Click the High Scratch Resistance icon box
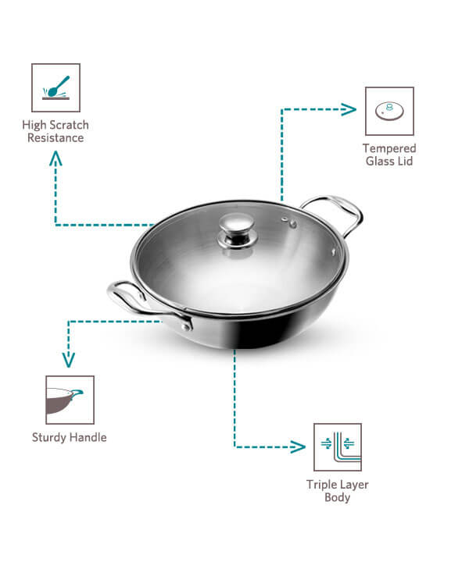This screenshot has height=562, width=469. [55, 87]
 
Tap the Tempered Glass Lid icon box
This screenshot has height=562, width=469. [389, 111]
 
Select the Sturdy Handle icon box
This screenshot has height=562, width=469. [70, 400]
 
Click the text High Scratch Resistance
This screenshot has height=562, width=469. [55, 131]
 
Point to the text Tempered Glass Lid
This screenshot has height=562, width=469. [389, 155]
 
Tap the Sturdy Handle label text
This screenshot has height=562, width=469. [69, 437]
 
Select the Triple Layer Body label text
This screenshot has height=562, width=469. [338, 491]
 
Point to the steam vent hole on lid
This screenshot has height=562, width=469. [292, 223]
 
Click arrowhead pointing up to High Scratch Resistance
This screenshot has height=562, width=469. [55, 158]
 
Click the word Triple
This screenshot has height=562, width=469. [320, 485]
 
